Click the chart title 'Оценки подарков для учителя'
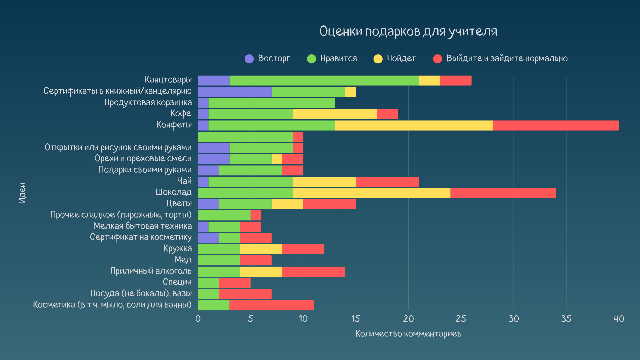[408, 32]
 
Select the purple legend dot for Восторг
[249, 59]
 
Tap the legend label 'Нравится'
[338, 58]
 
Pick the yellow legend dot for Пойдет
[378, 59]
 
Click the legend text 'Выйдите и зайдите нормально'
[507, 58]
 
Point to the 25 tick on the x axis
[461, 319]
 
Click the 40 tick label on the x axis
[619, 319]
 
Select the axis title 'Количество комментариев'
[408, 334]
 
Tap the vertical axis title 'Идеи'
[22, 193]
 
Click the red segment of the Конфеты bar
[555, 126]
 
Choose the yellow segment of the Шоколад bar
[371, 193]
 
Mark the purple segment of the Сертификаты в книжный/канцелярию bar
[235, 92]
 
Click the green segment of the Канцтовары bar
[324, 81]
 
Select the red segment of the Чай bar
[387, 182]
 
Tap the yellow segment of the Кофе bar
[334, 114]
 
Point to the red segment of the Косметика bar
[271, 305]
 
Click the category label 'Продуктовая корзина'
[148, 102]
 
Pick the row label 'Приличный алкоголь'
[151, 271]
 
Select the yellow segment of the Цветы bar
[287, 204]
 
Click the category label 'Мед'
[183, 260]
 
